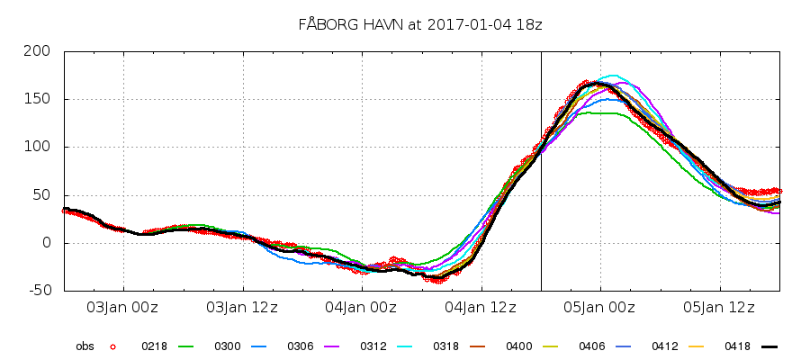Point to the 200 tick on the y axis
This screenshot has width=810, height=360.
[x=38, y=51]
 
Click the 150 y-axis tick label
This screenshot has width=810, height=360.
[x=38, y=99]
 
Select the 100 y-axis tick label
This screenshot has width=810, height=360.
[x=38, y=147]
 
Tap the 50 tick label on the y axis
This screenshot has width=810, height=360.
[x=41, y=195]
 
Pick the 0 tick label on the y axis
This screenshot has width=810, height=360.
[x=46, y=243]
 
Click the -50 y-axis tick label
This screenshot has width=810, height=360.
[x=38, y=291]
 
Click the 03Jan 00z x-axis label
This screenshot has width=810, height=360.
[x=122, y=308]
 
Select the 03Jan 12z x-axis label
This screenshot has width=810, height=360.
[x=242, y=308]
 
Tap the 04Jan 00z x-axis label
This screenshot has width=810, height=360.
[x=362, y=308]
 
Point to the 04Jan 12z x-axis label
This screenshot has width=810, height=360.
[x=481, y=308]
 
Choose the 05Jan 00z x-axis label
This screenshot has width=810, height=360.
[x=600, y=308]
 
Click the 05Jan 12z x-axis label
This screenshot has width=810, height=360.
[x=720, y=308]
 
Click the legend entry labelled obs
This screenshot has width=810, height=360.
[x=85, y=346]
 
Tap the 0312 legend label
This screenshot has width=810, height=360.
[x=373, y=346]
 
